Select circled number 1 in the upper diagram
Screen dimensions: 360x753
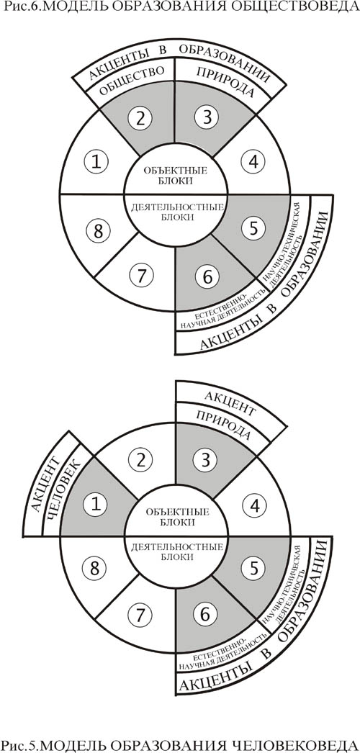97,162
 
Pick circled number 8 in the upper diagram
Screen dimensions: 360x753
98,231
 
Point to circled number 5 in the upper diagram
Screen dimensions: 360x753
253,229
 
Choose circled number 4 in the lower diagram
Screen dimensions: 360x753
253,505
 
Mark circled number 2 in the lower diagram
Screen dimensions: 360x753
140,460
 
